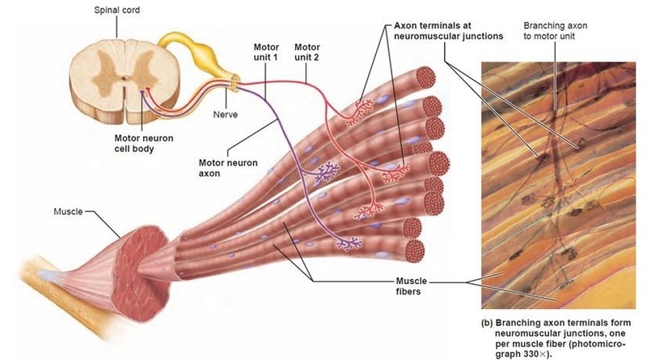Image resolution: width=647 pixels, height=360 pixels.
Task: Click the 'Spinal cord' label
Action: [x=116, y=10]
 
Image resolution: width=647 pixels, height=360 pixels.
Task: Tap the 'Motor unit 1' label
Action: [x=266, y=52]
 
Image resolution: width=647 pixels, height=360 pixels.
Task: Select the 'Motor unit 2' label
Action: [x=307, y=52]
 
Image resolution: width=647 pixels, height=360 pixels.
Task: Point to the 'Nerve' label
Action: [x=226, y=114]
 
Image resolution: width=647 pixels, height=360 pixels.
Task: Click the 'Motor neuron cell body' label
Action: [x=144, y=143]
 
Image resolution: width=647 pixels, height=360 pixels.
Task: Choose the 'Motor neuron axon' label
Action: [x=228, y=168]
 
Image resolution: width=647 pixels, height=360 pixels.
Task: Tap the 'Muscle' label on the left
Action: [x=68, y=211]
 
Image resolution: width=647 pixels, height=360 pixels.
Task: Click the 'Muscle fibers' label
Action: [x=411, y=286]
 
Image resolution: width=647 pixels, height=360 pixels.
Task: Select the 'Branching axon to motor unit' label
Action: [x=555, y=31]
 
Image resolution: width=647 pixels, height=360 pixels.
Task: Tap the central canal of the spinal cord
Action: [x=125, y=77]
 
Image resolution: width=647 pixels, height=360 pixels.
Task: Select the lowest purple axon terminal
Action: [x=349, y=244]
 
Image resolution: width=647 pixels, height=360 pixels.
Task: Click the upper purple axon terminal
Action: [x=327, y=172]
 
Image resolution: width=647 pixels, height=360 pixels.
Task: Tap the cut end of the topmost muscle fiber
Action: [x=426, y=77]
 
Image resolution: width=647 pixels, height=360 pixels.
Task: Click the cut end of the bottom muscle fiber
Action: [x=415, y=251]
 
